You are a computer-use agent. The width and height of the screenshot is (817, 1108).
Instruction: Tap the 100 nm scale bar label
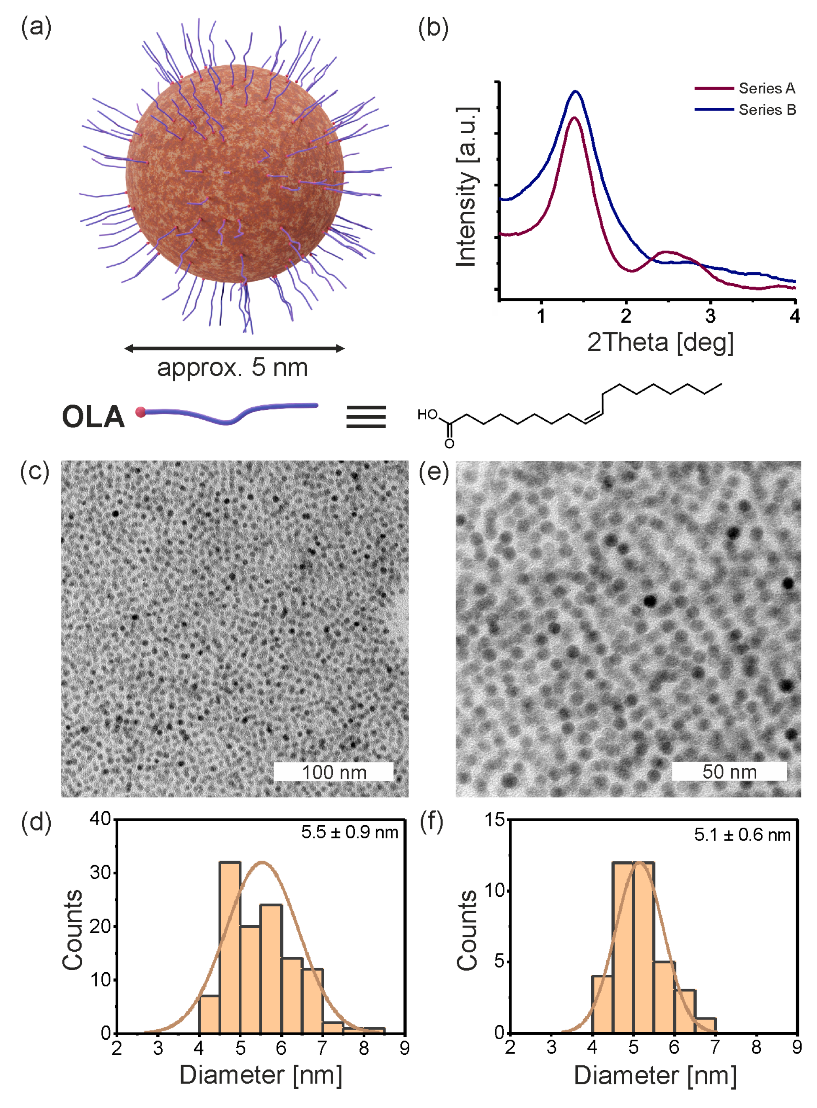pos(334,772)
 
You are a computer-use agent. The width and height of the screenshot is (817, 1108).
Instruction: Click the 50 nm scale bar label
pos(729,771)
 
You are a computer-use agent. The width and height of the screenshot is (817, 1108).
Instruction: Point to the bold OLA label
pos(93,417)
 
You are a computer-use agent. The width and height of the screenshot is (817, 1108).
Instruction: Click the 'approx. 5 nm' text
pos(233,368)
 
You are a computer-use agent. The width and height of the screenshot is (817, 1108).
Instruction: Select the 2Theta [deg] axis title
pos(660,342)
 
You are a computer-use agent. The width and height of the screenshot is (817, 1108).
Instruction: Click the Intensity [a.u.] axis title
pos(467,187)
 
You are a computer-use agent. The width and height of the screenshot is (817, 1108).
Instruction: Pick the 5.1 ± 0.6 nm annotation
pos(742,835)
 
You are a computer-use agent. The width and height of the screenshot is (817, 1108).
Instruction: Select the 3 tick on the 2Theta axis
pos(710,316)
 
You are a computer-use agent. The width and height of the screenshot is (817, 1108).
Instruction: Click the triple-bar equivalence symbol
pos(366,417)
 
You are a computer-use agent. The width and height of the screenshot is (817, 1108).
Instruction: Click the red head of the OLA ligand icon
pos(141,412)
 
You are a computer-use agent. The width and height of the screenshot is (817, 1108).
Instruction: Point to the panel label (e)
pos(434,472)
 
